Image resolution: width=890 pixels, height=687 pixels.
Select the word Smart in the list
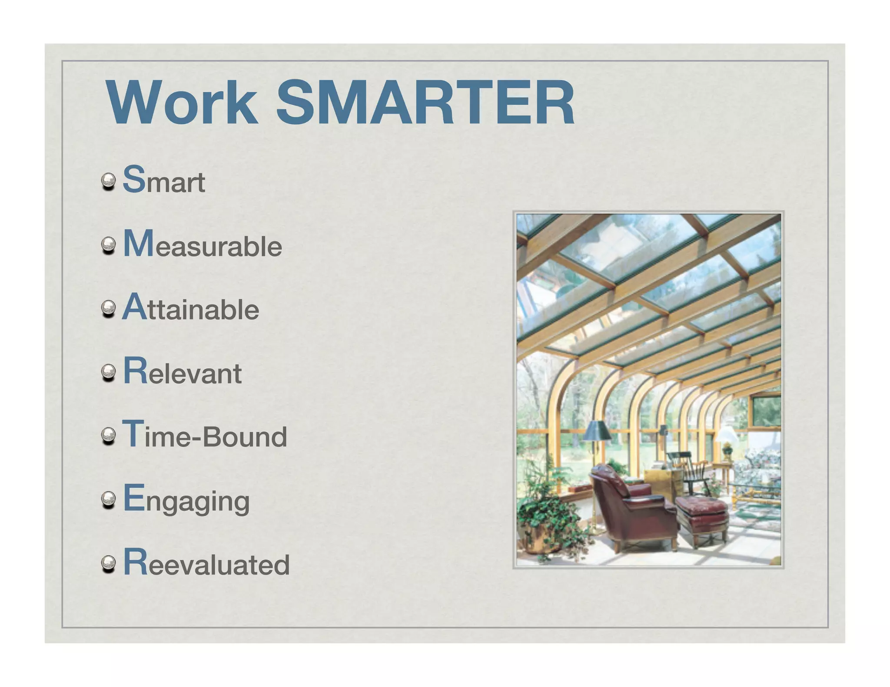[x=164, y=180]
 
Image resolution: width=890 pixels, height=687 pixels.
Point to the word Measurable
[x=203, y=244]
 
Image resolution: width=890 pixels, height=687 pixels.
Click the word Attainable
[x=191, y=307]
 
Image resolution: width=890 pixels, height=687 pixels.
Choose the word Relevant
[x=183, y=372]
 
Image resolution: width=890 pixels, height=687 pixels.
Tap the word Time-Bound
[x=205, y=435]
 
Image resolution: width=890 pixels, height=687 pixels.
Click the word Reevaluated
[x=206, y=563]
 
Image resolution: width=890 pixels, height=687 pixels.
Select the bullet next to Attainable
[x=108, y=309]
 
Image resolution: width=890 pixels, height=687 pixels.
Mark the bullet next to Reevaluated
[x=108, y=564]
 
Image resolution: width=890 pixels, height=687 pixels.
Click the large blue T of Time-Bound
[x=133, y=433]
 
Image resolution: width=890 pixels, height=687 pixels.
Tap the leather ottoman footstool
[x=702, y=517]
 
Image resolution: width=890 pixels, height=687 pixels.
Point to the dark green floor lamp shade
[x=596, y=431]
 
